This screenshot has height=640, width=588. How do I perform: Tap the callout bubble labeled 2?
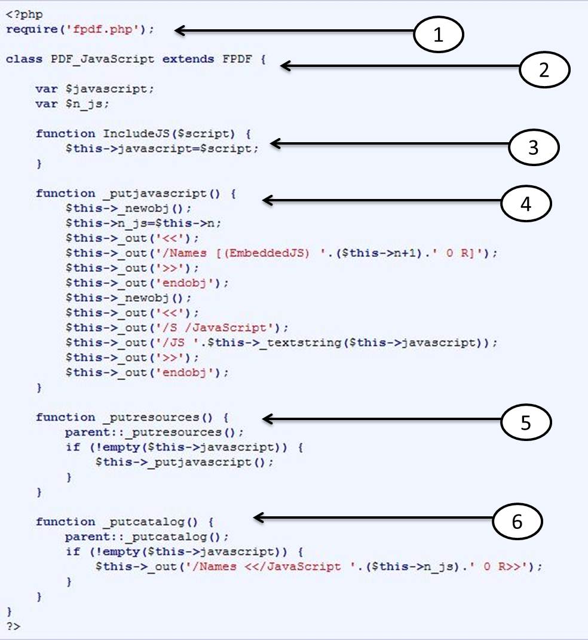click(544, 69)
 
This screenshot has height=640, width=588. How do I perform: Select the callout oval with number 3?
click(533, 147)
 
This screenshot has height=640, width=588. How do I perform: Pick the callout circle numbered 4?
click(525, 204)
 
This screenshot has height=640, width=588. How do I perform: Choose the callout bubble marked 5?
click(525, 421)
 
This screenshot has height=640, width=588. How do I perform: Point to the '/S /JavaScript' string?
click(244, 327)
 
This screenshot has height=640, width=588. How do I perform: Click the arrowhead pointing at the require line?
click(179, 30)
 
